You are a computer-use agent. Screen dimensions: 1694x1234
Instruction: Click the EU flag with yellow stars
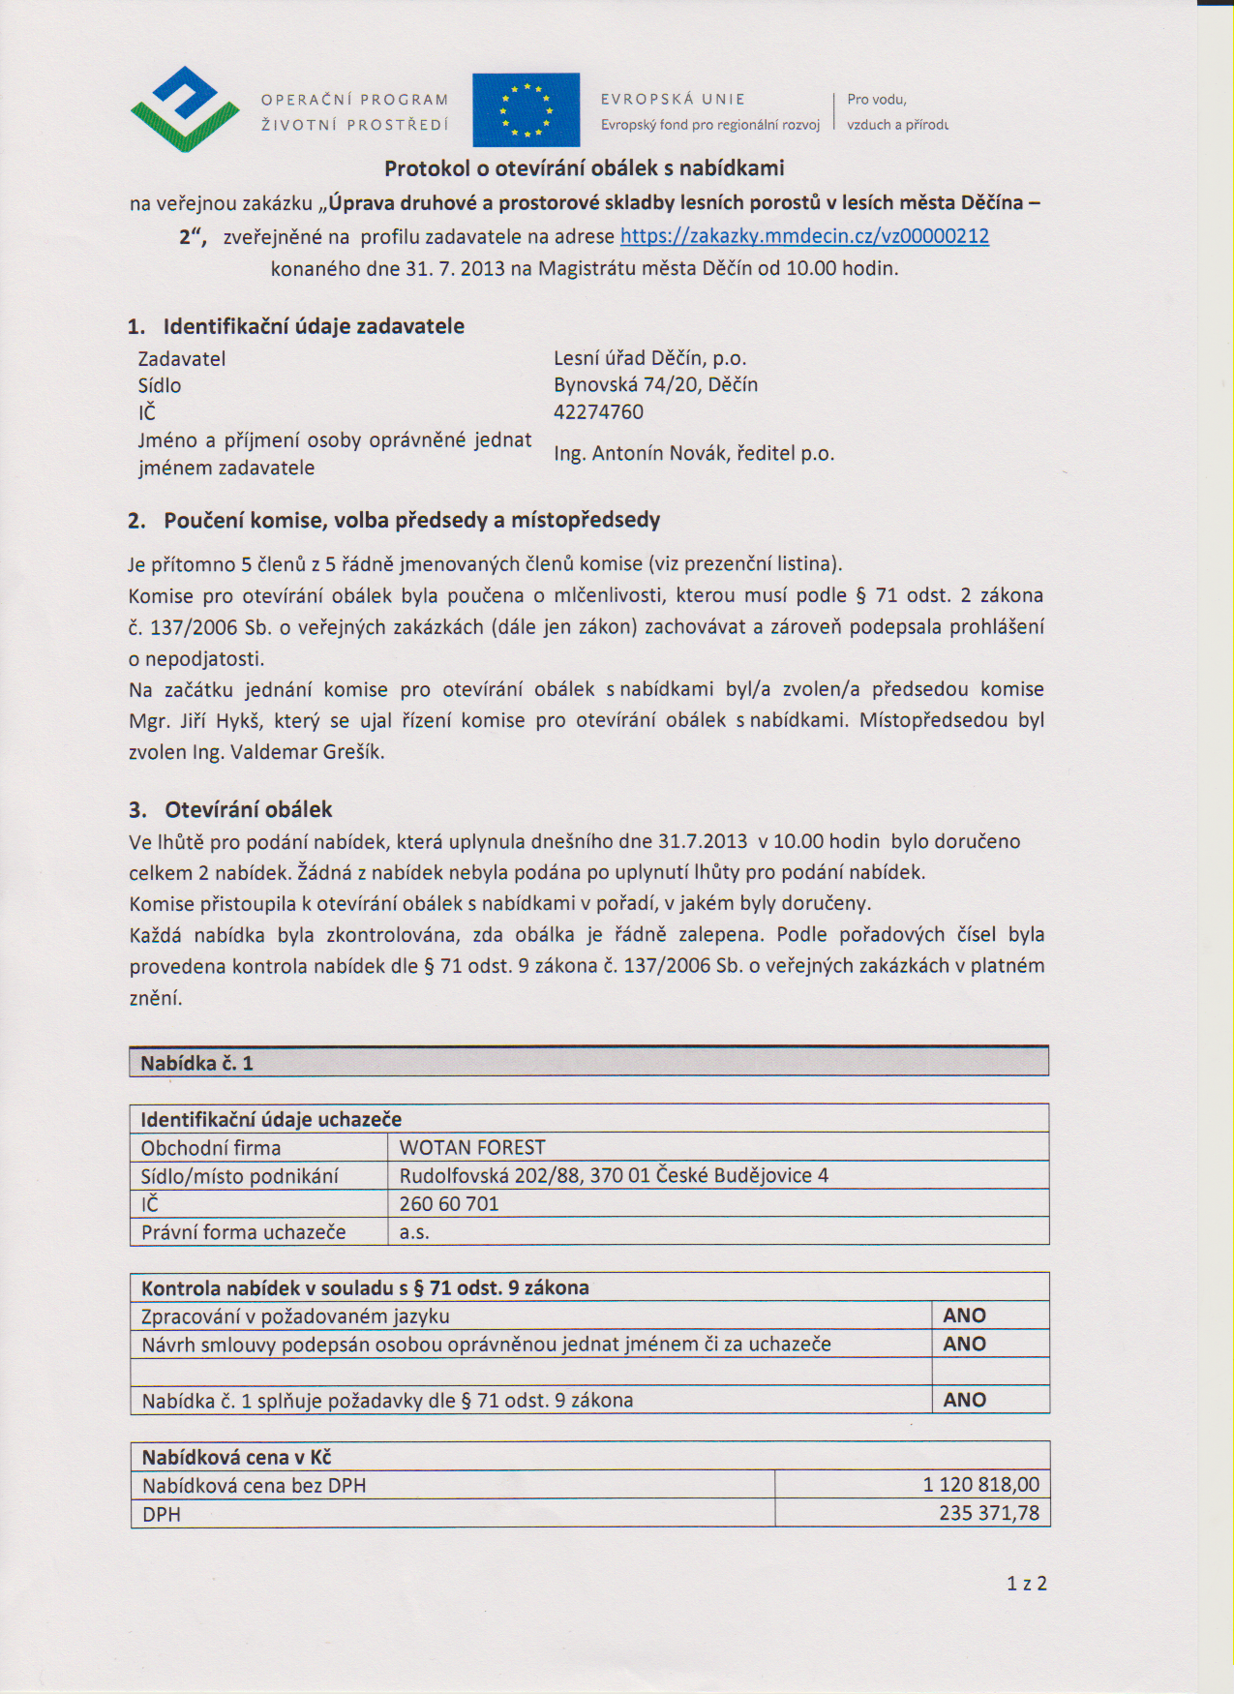(x=526, y=109)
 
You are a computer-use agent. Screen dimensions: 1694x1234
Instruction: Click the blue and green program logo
(x=184, y=108)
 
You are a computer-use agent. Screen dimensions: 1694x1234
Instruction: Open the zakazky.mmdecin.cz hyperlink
(x=803, y=236)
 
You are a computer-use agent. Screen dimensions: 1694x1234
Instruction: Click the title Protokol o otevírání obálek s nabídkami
(x=584, y=168)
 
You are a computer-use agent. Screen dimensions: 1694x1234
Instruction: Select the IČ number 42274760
(x=598, y=412)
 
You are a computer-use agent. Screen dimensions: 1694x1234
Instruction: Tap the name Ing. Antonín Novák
(x=641, y=453)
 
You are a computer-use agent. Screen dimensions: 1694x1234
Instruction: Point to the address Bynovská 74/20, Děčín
(x=655, y=385)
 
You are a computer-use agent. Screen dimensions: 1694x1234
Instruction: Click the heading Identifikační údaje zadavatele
(x=314, y=326)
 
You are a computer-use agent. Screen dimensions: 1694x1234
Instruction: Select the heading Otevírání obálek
(x=248, y=809)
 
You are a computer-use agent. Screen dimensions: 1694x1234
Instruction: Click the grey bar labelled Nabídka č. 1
(x=588, y=1063)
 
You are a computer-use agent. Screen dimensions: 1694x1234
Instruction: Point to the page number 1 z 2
(x=1026, y=1584)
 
